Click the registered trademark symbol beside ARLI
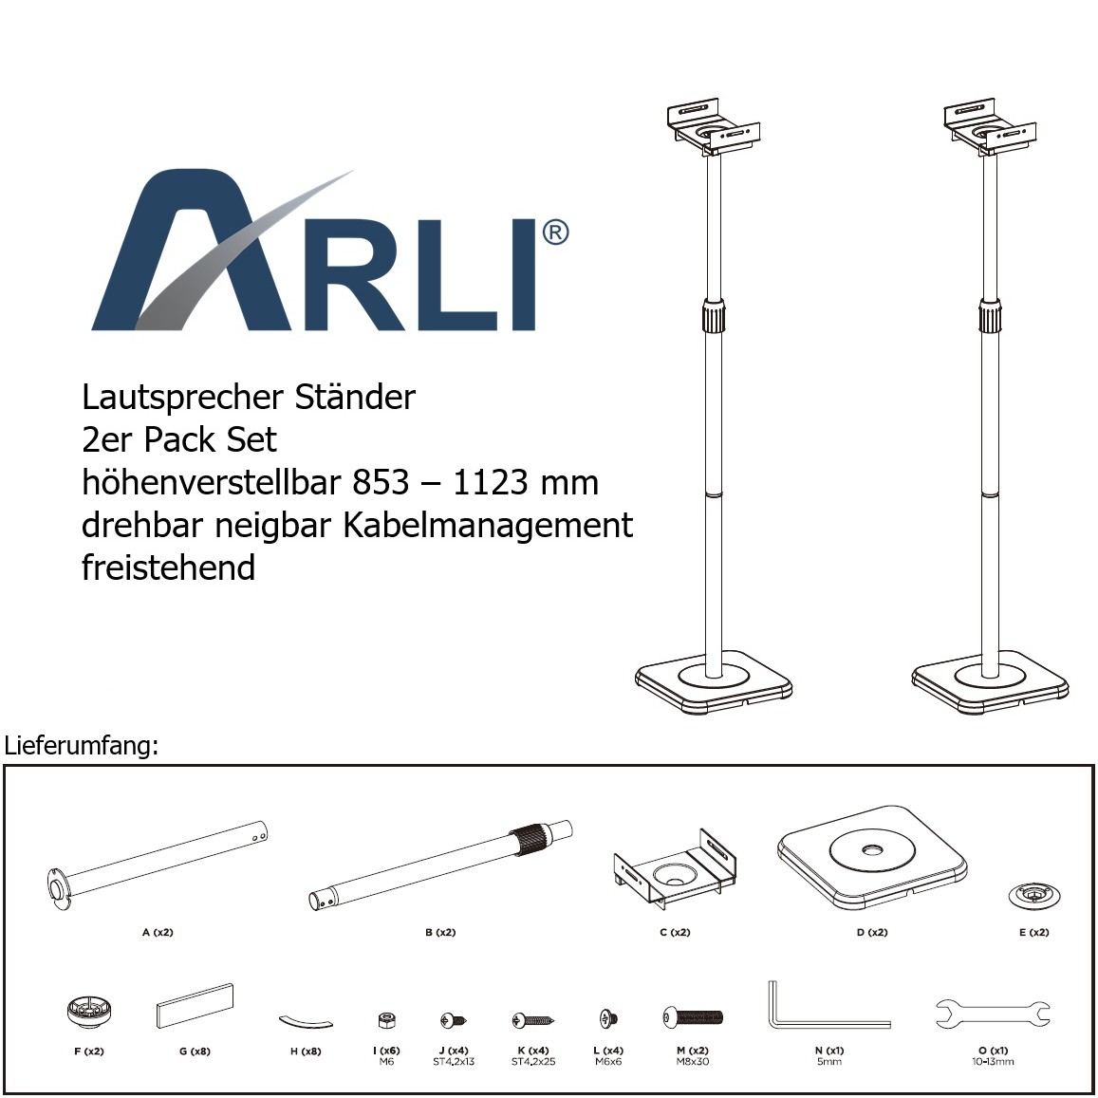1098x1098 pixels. (x=555, y=233)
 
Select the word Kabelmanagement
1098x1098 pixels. (x=488, y=526)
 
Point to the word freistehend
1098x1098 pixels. (x=168, y=568)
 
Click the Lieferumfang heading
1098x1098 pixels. (x=82, y=746)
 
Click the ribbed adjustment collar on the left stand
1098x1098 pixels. (x=714, y=317)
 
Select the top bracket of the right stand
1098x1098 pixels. (x=989, y=128)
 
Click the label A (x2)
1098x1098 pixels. (x=158, y=932)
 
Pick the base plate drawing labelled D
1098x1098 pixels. (x=872, y=859)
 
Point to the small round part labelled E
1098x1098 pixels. (x=1033, y=896)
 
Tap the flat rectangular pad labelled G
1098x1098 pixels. (x=194, y=1006)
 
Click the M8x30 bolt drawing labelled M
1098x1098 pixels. (x=692, y=1016)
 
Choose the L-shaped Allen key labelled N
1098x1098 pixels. (x=828, y=1005)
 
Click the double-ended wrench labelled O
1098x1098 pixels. (x=993, y=1014)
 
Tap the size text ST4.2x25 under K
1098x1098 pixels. (x=533, y=1062)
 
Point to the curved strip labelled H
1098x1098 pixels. (x=306, y=1021)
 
